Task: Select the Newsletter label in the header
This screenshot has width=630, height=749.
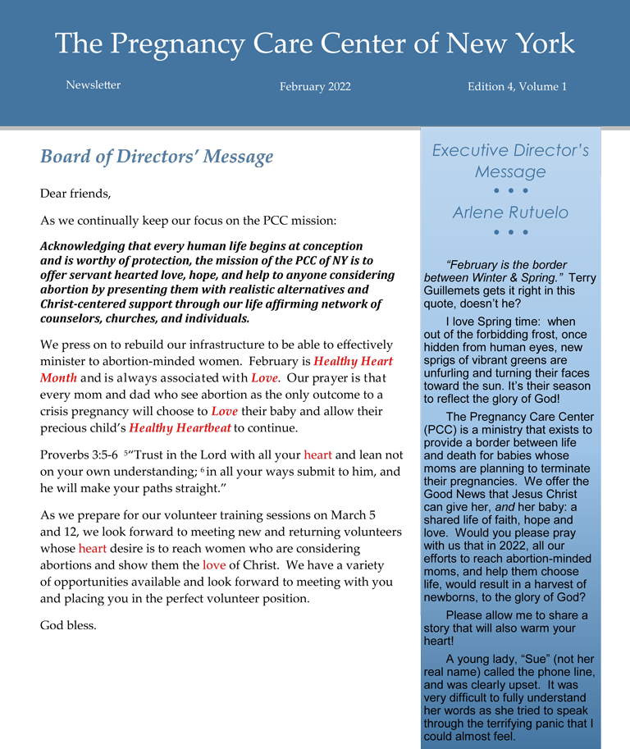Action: click(x=93, y=85)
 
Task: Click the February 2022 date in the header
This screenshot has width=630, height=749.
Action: click(x=315, y=86)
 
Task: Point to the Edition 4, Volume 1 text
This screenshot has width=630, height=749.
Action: click(x=517, y=86)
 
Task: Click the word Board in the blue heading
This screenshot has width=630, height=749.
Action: click(x=65, y=157)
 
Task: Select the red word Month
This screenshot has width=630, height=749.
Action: click(x=58, y=378)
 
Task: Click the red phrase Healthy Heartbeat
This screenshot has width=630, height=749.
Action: click(x=180, y=428)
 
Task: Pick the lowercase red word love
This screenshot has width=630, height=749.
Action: click(x=214, y=565)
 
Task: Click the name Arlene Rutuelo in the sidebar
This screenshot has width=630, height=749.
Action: click(x=510, y=212)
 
